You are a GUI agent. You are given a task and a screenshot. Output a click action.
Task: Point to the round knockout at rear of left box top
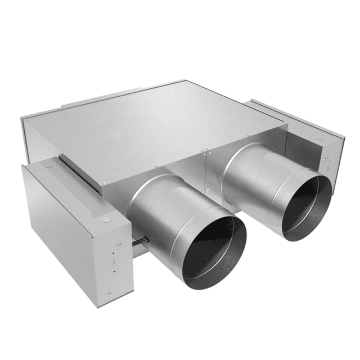[x=48, y=165]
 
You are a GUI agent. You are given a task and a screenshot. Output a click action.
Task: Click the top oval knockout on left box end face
[x=119, y=244]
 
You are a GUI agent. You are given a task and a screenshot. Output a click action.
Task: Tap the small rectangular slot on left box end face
[x=115, y=262]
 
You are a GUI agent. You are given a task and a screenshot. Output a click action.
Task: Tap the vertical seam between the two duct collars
[x=207, y=174]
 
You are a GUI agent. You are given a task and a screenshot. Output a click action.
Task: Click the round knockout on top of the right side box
[x=319, y=137]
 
